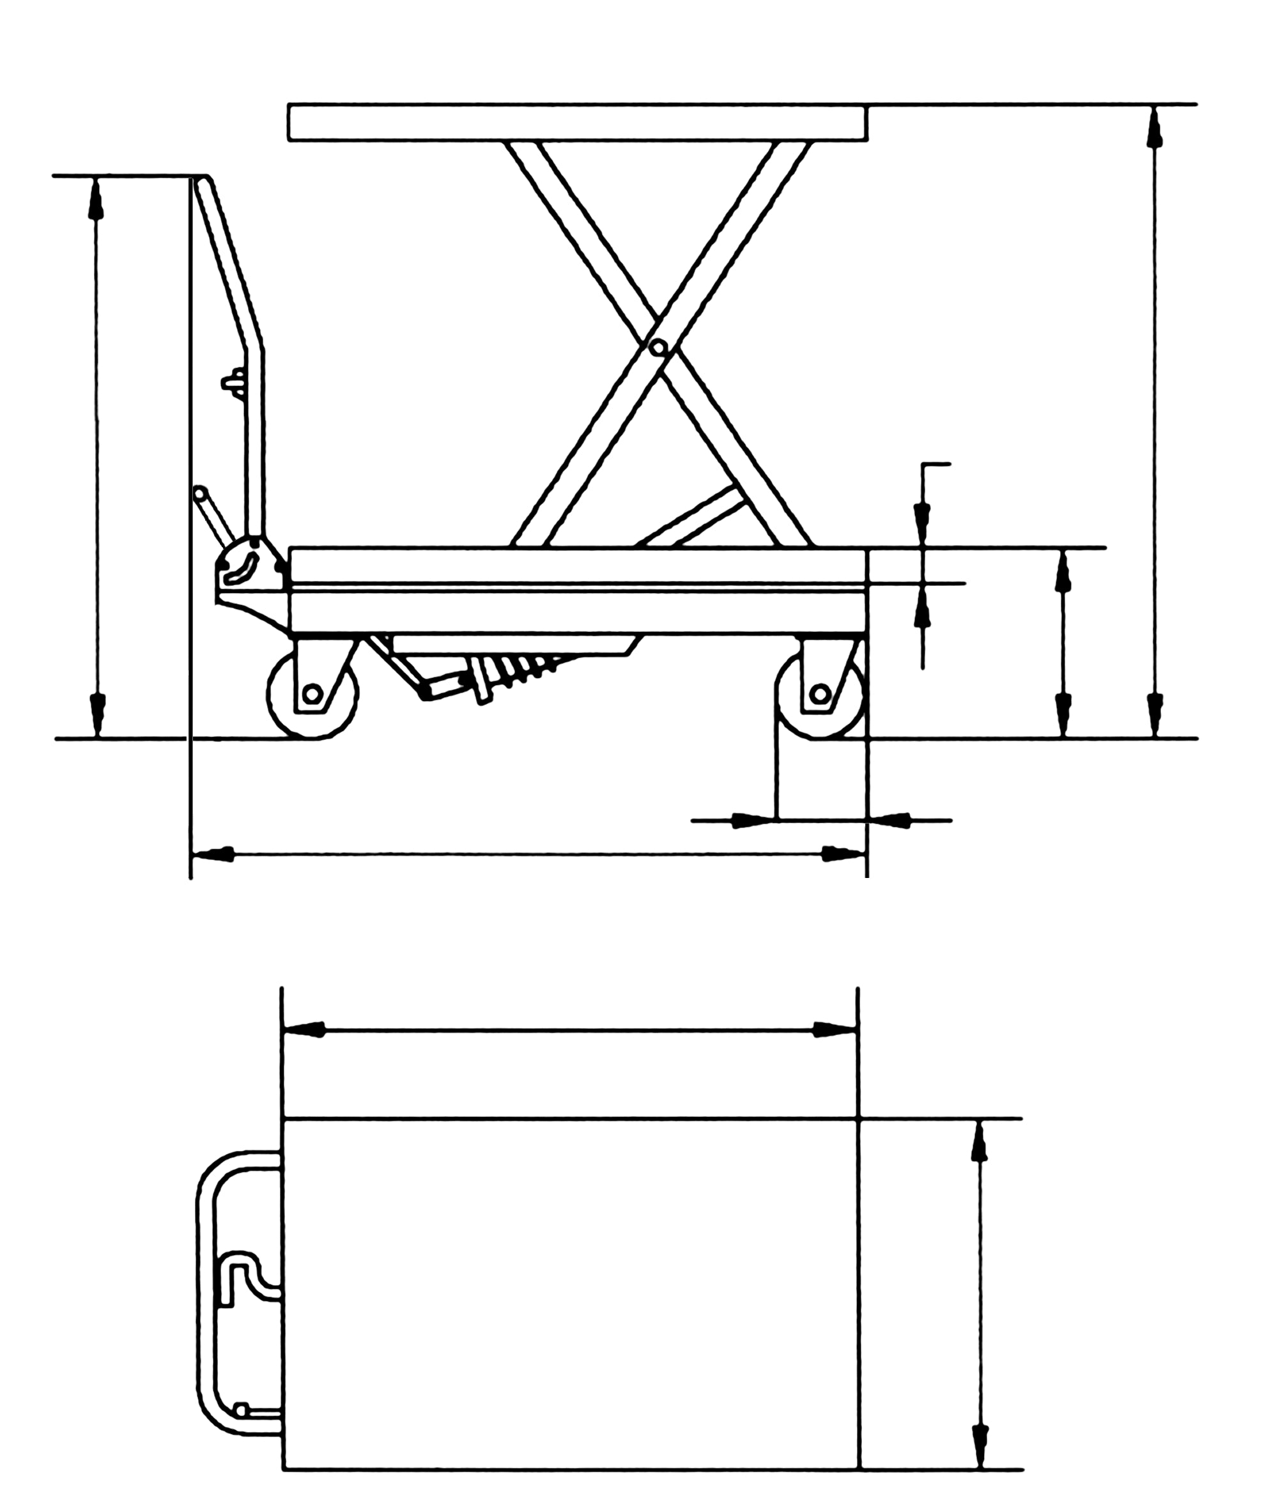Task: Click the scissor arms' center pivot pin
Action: click(656, 348)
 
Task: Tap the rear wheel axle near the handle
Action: click(312, 694)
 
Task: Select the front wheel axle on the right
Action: click(819, 694)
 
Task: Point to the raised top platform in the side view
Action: click(577, 123)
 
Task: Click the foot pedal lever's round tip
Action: click(200, 493)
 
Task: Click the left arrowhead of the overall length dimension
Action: click(213, 854)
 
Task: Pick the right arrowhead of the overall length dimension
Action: click(844, 854)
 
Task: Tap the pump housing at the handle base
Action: click(249, 569)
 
